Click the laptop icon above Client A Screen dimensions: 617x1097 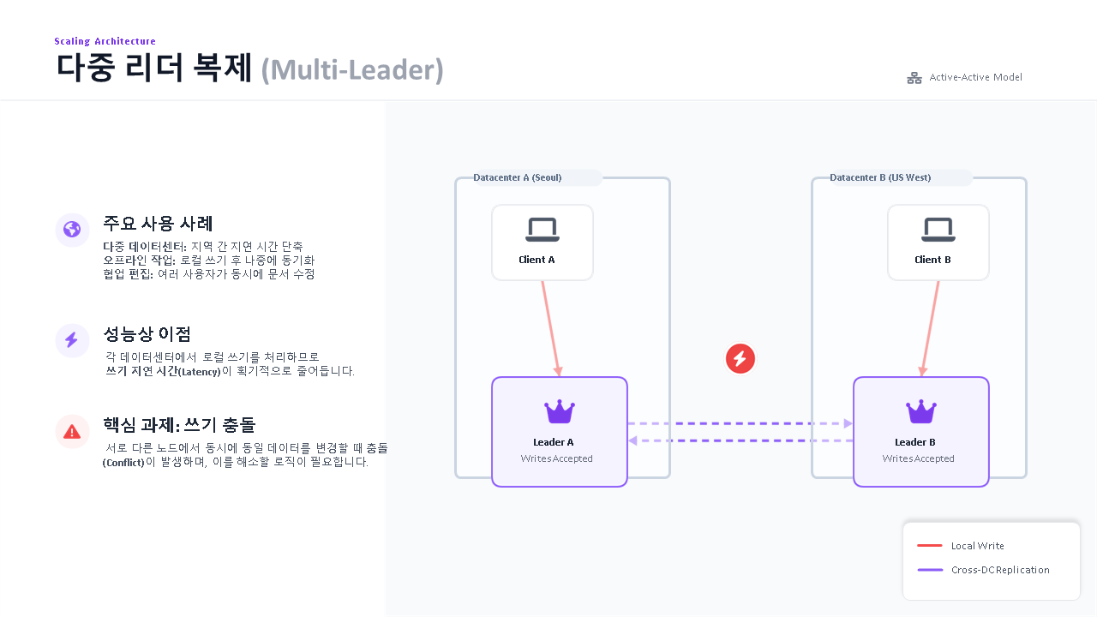[x=542, y=230]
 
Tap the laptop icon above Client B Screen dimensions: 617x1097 [x=938, y=230]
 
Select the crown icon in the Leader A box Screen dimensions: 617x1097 [x=560, y=412]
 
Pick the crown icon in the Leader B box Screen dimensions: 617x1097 [x=921, y=412]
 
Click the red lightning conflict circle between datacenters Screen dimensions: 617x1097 [x=740, y=358]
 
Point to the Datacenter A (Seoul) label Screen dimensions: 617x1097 [x=518, y=177]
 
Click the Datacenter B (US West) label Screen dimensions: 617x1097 [x=880, y=177]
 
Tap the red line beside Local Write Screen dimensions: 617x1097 [x=929, y=546]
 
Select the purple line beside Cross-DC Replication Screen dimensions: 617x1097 [x=929, y=570]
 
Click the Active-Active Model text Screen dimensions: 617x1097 [x=975, y=77]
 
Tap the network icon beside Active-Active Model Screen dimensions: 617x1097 [x=914, y=78]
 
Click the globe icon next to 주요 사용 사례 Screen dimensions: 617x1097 [x=72, y=230]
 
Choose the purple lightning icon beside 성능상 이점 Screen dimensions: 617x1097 [x=72, y=340]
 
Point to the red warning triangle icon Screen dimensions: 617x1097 [x=72, y=431]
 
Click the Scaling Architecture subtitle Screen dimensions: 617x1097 [x=105, y=41]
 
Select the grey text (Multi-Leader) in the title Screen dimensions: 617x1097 [x=351, y=69]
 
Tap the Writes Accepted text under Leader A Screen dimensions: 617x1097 [x=556, y=458]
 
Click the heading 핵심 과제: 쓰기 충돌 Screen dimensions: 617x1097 [x=179, y=425]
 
